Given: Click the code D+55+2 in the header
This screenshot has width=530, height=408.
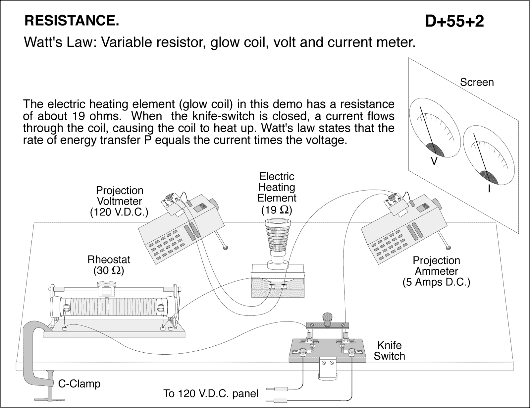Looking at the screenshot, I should coord(454,22).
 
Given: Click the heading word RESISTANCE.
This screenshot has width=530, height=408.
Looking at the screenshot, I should coord(72,21).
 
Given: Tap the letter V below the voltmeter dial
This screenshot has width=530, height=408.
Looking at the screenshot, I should coord(434,161).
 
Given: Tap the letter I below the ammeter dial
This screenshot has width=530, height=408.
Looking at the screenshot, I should coord(489,189).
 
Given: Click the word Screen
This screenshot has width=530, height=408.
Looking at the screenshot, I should coord(476,82).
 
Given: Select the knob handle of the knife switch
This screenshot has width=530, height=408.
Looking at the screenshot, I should coord(327,319).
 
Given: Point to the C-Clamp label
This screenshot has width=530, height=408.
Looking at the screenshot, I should coord(79,384).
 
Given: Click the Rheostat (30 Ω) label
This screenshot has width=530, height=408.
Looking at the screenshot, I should coord(109,265).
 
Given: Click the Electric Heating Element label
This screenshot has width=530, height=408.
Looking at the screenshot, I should coord(277,193).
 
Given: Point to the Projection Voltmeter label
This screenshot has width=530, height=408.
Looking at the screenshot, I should coord(119,201).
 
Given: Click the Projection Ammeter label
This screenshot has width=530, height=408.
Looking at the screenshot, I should coord(436,271).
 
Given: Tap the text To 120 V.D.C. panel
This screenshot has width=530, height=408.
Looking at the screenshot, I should coord(211,394).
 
